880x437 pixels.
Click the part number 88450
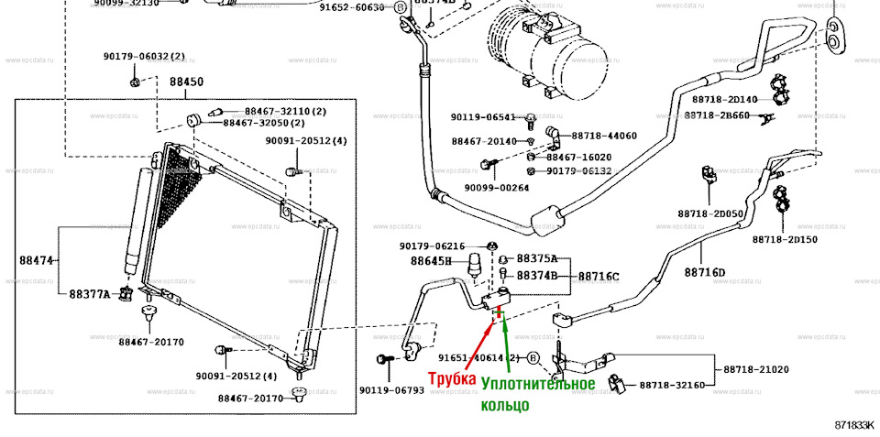pyautogui.click(x=186, y=82)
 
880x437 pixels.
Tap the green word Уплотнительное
pyautogui.click(x=538, y=384)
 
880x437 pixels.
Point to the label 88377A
pyautogui.click(x=89, y=294)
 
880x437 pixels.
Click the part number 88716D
pyautogui.click(x=704, y=272)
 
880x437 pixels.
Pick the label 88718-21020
pyautogui.click(x=755, y=369)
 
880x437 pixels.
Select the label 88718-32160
pyautogui.click(x=672, y=385)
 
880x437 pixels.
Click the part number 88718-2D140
pyautogui.click(x=724, y=99)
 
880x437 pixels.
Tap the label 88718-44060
pyautogui.click(x=604, y=136)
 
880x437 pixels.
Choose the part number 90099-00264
pyautogui.click(x=497, y=188)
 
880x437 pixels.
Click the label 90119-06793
pyautogui.click(x=391, y=389)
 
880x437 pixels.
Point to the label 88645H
pyautogui.click(x=431, y=261)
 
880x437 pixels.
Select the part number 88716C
pyautogui.click(x=598, y=276)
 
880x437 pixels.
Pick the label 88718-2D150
pyautogui.click(x=785, y=239)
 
